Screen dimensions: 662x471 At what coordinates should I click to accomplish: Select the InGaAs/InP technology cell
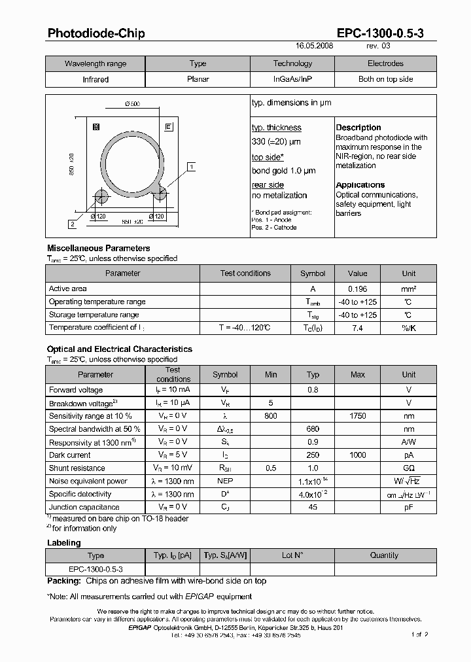tap(292, 79)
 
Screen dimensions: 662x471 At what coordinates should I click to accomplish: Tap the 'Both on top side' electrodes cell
tap(385, 79)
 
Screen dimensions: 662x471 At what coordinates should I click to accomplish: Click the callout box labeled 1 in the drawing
tap(190, 167)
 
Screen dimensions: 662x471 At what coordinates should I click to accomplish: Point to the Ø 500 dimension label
tap(131, 105)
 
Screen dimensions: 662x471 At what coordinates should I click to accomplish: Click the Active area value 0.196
tap(357, 288)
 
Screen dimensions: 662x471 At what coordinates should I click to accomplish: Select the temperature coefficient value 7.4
tap(357, 328)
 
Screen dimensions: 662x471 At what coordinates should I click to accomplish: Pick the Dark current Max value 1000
tap(357, 455)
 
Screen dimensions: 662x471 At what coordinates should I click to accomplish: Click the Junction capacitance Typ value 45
tap(313, 507)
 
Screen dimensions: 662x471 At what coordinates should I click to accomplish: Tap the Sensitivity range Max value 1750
tap(357, 415)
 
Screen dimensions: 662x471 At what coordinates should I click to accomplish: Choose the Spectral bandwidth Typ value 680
tap(313, 428)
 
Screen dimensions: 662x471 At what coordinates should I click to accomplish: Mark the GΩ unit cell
tap(408, 468)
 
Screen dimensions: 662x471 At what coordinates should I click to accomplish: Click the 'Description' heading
tap(358, 128)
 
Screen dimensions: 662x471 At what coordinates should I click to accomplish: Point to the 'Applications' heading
tap(360, 185)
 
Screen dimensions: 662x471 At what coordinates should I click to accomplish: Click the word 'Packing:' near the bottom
tap(64, 581)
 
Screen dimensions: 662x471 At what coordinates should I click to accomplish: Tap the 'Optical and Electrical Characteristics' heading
tap(119, 349)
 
